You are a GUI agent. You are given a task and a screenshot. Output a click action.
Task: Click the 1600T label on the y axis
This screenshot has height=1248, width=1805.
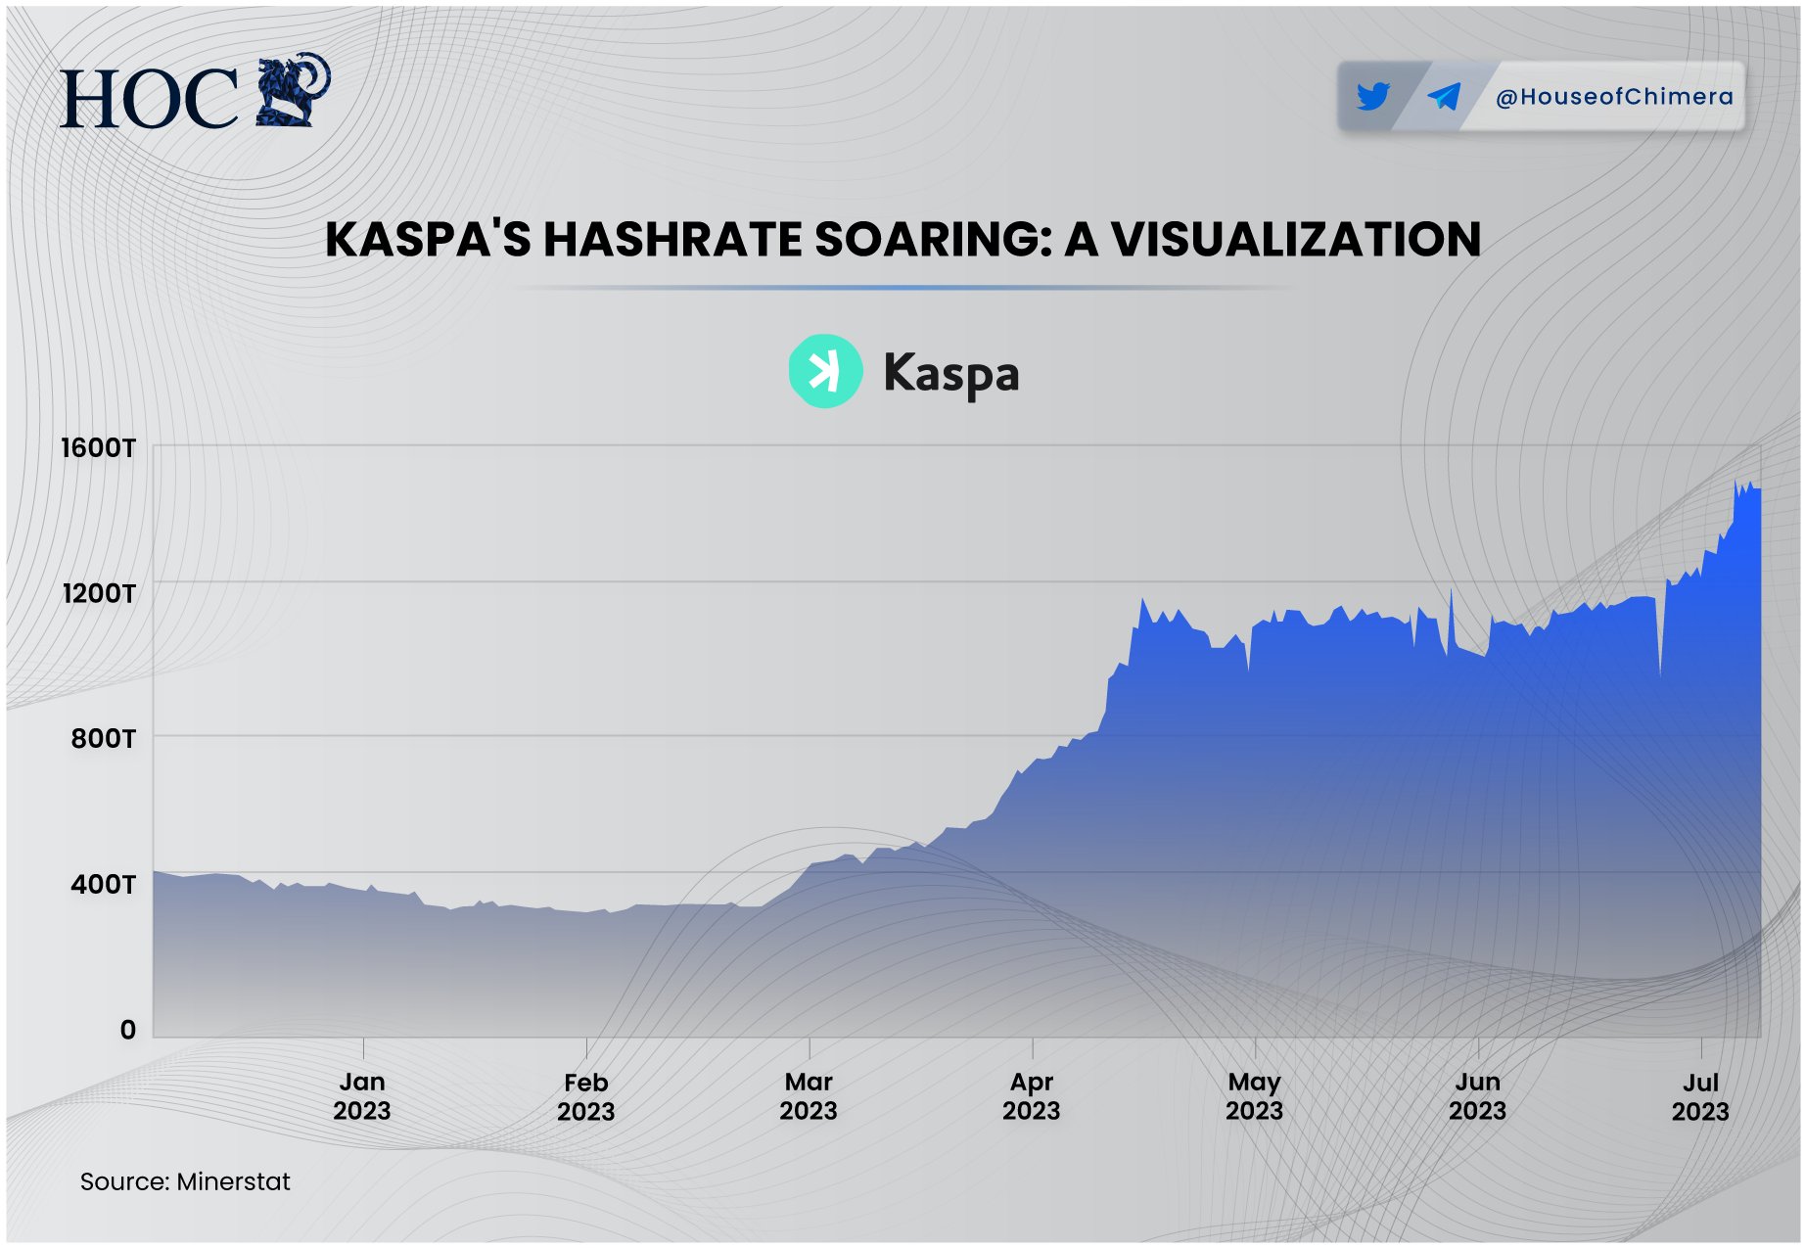(x=98, y=448)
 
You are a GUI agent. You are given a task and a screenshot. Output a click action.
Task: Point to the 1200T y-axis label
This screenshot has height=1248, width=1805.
(x=98, y=593)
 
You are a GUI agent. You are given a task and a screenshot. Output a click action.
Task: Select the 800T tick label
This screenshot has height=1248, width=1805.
(x=103, y=738)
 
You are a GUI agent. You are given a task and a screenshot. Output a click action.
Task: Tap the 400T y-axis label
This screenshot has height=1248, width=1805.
(x=103, y=884)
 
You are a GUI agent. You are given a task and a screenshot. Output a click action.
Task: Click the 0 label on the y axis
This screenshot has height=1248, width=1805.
(x=128, y=1030)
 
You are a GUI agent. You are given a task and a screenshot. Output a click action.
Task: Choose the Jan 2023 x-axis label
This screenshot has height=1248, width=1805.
(x=362, y=1096)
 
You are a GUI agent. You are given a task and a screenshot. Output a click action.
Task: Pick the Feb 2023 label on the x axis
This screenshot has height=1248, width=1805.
(x=585, y=1096)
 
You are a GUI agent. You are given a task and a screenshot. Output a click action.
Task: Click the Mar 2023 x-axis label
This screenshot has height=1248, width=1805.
(x=809, y=1096)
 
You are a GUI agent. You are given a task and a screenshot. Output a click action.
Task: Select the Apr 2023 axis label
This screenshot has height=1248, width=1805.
(x=1032, y=1096)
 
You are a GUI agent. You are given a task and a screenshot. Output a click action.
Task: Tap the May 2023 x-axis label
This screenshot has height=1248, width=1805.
(x=1254, y=1096)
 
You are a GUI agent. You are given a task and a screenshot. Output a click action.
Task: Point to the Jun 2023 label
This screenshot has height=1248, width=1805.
(x=1477, y=1096)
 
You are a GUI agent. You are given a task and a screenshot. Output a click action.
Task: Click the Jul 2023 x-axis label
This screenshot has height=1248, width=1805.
(x=1700, y=1096)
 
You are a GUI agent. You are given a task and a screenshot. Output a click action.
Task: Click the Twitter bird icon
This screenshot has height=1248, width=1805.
(x=1373, y=96)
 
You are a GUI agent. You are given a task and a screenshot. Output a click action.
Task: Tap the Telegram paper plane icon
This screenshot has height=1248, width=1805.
(x=1444, y=96)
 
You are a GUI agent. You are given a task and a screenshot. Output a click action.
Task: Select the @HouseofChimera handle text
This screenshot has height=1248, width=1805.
(x=1614, y=97)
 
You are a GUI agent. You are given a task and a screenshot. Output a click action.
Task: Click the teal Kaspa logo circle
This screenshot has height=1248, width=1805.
(x=825, y=371)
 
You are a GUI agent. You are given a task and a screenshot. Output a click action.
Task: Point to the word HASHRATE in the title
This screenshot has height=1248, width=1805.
(x=672, y=240)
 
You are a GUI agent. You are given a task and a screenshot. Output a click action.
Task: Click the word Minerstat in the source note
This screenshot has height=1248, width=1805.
(x=233, y=1181)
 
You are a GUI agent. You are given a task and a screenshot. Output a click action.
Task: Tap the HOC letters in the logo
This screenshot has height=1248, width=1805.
(x=149, y=99)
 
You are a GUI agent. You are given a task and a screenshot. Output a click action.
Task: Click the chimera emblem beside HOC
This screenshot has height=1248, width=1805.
(x=293, y=90)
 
